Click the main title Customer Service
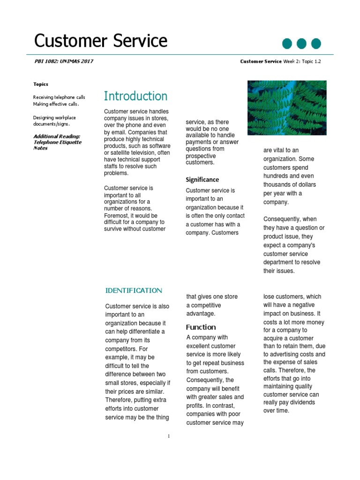pyautogui.click(x=101, y=41)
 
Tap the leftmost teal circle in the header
pyautogui.click(x=287, y=44)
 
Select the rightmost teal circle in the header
pyautogui.click(x=316, y=44)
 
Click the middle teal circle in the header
pyautogui.click(x=302, y=44)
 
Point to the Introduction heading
pyautogui.click(x=135, y=96)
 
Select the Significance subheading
pyautogui.click(x=202, y=180)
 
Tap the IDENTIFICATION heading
pyautogui.click(x=134, y=291)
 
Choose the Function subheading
pyautogui.click(x=201, y=327)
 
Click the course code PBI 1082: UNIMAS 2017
pyautogui.click(x=64, y=61)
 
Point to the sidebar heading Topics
pyautogui.click(x=41, y=84)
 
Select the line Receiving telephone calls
pyautogui.click(x=59, y=97)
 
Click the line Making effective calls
pyautogui.click(x=52, y=104)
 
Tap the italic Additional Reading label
pyautogui.click(x=56, y=136)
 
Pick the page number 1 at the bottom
pyautogui.click(x=168, y=436)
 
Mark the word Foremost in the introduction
pyautogui.click(x=117, y=216)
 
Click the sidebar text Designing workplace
pyautogui.click(x=54, y=118)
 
